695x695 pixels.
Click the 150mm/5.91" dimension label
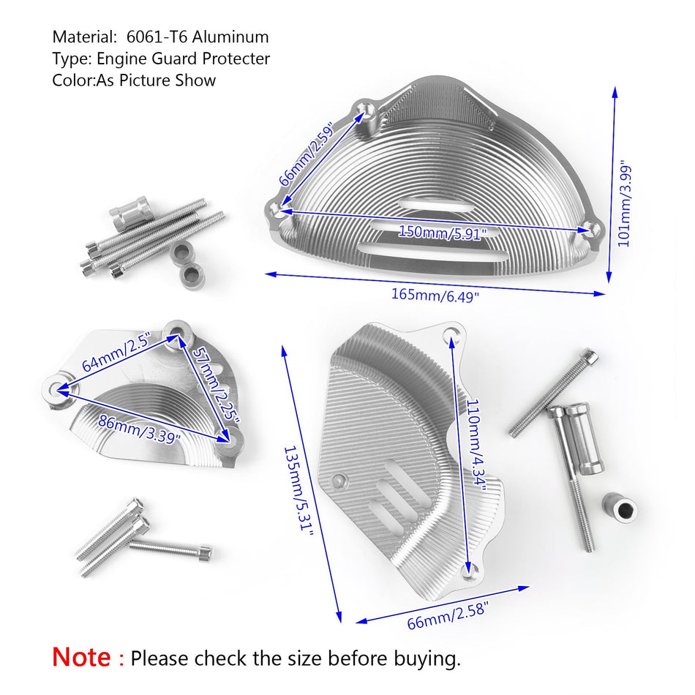[443, 232]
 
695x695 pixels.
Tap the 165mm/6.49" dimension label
[435, 296]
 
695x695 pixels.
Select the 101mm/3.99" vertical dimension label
[625, 203]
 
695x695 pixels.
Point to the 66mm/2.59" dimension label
[307, 154]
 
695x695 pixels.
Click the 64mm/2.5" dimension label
[117, 351]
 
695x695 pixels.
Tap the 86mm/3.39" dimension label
[140, 429]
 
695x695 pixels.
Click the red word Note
[81, 657]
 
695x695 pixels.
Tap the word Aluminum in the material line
[230, 37]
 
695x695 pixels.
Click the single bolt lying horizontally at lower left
[170, 548]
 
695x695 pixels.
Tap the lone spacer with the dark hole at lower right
[620, 507]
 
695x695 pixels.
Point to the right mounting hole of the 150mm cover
[590, 229]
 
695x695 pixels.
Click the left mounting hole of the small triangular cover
[56, 390]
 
